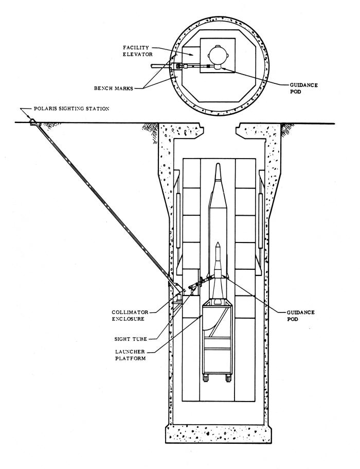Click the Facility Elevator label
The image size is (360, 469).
pyautogui.click(x=138, y=51)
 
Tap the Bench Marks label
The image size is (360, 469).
pyautogui.click(x=114, y=88)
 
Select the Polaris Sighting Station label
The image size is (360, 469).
pyautogui.click(x=71, y=109)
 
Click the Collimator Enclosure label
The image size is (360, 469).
pyautogui.click(x=130, y=316)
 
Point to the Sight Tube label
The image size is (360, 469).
pyautogui.click(x=131, y=339)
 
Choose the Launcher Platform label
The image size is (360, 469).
pyautogui.click(x=130, y=355)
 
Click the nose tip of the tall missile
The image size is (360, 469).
pyautogui.click(x=218, y=163)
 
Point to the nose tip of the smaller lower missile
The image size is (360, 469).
pyautogui.click(x=218, y=242)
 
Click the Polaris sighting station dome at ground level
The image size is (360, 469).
pyautogui.click(x=32, y=121)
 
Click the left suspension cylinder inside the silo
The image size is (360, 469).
pyautogui.click(x=178, y=220)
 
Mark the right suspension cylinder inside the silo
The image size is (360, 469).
pyautogui.click(x=261, y=220)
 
